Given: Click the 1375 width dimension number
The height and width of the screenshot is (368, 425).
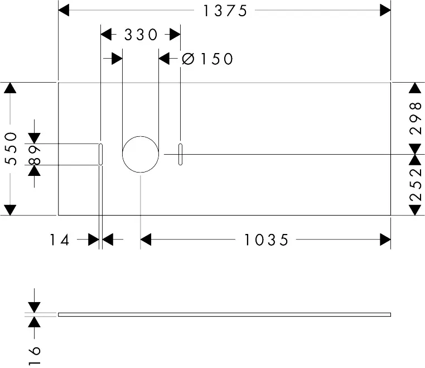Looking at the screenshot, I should pyautogui.click(x=224, y=11).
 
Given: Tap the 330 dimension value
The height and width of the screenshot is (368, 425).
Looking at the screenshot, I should pyautogui.click(x=141, y=35).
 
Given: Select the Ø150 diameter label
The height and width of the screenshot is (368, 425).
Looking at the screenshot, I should pyautogui.click(x=207, y=59).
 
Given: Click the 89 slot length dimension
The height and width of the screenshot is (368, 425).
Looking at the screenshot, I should pyautogui.click(x=35, y=154).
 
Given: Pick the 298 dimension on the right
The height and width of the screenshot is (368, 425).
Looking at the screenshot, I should pyautogui.click(x=414, y=118).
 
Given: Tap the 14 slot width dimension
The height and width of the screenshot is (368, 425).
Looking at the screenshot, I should pyautogui.click(x=60, y=240).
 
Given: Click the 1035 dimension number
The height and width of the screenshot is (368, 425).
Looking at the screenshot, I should pyautogui.click(x=266, y=240).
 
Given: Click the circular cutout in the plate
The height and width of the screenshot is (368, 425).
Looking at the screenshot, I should pyautogui.click(x=141, y=154).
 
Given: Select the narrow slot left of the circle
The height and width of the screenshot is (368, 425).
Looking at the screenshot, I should pyautogui.click(x=100, y=154).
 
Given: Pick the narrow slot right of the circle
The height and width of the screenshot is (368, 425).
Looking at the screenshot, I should pyautogui.click(x=180, y=154).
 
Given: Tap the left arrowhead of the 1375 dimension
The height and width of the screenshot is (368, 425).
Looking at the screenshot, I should pyautogui.click(x=64, y=10).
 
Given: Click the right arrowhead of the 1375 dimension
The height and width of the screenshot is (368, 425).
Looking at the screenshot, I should pyautogui.click(x=385, y=10).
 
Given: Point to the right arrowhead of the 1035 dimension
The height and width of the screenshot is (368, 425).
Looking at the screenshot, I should pyautogui.click(x=385, y=240).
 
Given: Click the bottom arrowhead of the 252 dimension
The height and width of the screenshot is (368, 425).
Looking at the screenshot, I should pyautogui.click(x=414, y=209).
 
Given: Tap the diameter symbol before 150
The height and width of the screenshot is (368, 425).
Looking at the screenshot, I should pyautogui.click(x=188, y=59).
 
